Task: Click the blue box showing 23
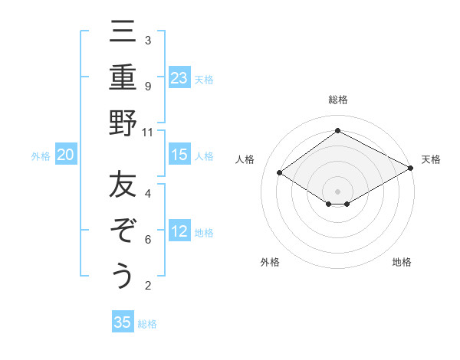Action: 179,77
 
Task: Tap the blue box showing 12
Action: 179,232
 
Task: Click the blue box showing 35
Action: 123,322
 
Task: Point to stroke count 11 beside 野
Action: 148,132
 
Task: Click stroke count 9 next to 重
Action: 148,86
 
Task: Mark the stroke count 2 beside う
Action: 148,286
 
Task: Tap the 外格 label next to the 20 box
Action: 41,156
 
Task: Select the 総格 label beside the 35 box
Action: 147,323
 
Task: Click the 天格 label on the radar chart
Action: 431,159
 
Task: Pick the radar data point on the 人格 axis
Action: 280,173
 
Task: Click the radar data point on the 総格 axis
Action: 337,131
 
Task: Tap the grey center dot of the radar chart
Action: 337,190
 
